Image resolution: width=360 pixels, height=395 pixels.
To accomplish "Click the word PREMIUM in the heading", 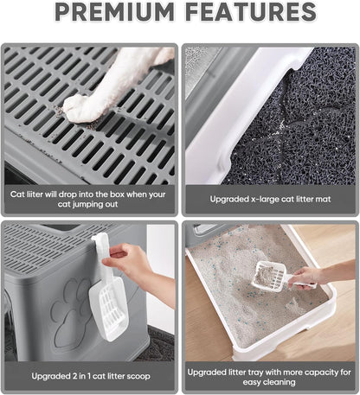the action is (x=114, y=11).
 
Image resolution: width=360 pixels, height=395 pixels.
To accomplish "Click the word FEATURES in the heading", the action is (x=251, y=11).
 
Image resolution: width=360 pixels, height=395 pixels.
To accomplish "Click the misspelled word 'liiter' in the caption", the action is (x=35, y=194).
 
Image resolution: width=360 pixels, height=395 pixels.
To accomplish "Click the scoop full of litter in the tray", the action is (x=270, y=277).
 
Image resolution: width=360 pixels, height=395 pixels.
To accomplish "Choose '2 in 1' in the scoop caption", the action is (x=80, y=376).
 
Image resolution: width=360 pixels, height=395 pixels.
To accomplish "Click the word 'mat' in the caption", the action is (x=324, y=199).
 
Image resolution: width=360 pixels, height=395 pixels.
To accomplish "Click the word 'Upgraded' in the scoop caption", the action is (x=50, y=376).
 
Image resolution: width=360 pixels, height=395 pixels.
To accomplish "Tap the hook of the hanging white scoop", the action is (x=100, y=239).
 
